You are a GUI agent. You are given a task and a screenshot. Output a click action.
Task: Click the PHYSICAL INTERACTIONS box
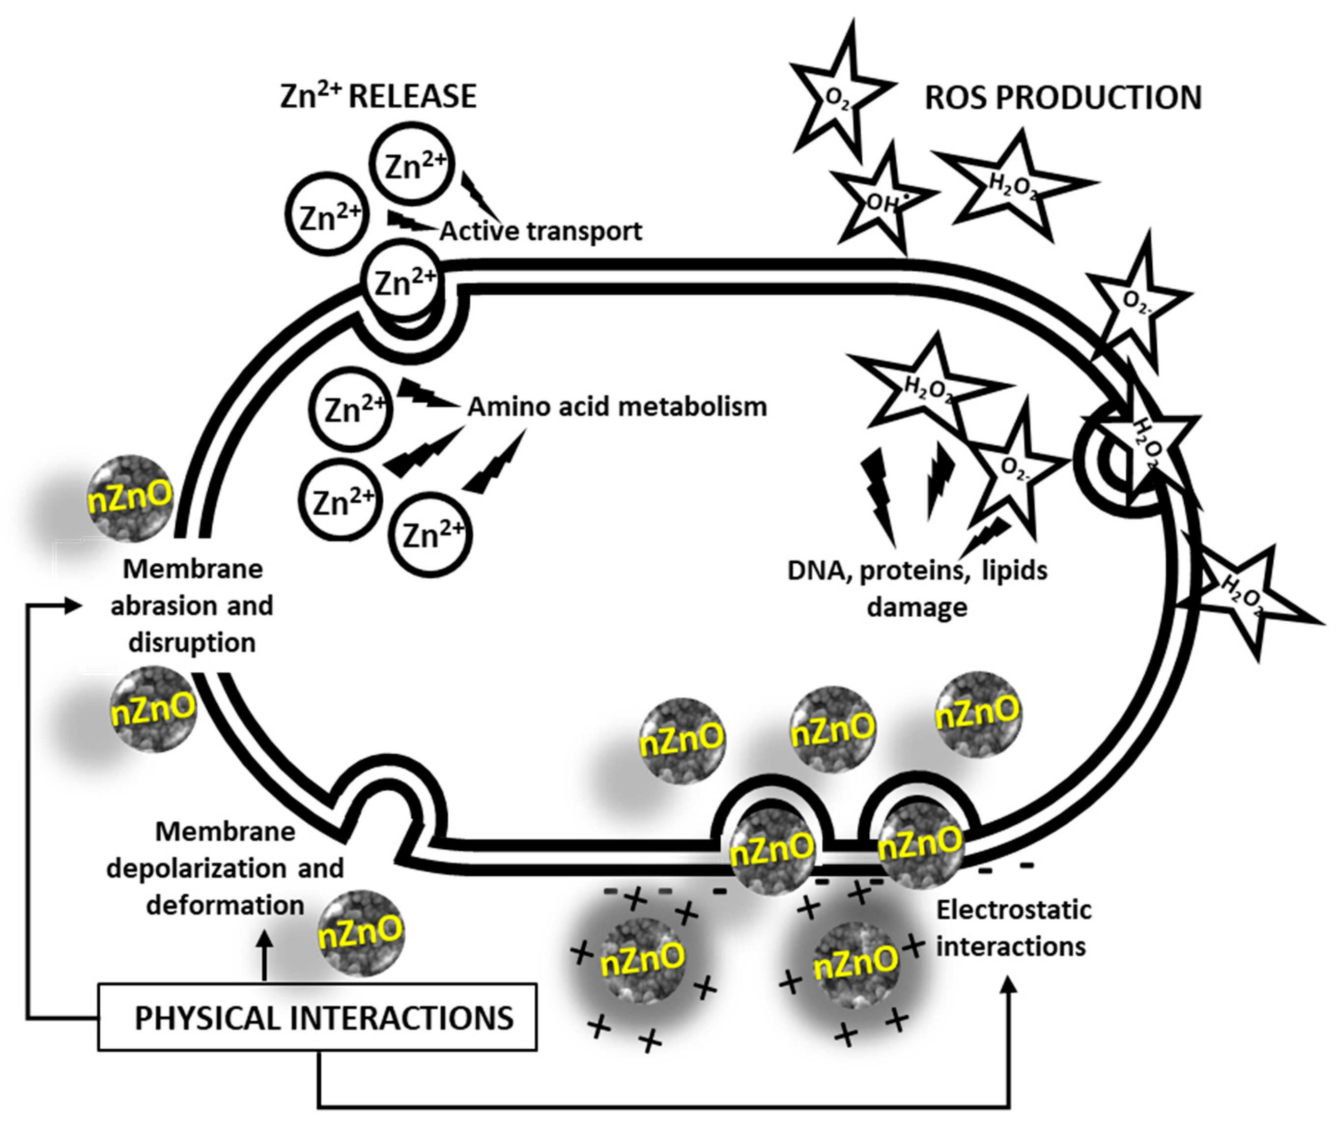(x=316, y=1017)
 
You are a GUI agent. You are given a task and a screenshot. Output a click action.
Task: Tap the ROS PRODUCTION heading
(x=1062, y=97)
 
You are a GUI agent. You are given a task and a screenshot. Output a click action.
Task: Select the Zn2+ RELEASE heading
(x=378, y=96)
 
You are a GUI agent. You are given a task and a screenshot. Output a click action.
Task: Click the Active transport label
(x=541, y=230)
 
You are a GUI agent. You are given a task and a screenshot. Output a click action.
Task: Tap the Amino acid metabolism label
(x=617, y=406)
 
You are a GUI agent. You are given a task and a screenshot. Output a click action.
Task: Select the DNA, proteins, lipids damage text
(x=917, y=588)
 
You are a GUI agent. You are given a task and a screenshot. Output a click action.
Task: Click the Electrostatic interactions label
(x=1013, y=928)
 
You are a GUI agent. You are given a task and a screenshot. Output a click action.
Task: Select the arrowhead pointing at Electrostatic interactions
(x=1009, y=986)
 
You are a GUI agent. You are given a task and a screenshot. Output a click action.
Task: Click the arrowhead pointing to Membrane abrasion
(x=74, y=605)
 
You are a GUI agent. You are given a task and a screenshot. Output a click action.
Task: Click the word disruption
(x=192, y=642)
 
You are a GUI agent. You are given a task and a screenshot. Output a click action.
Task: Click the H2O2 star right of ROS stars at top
(x=1013, y=185)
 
